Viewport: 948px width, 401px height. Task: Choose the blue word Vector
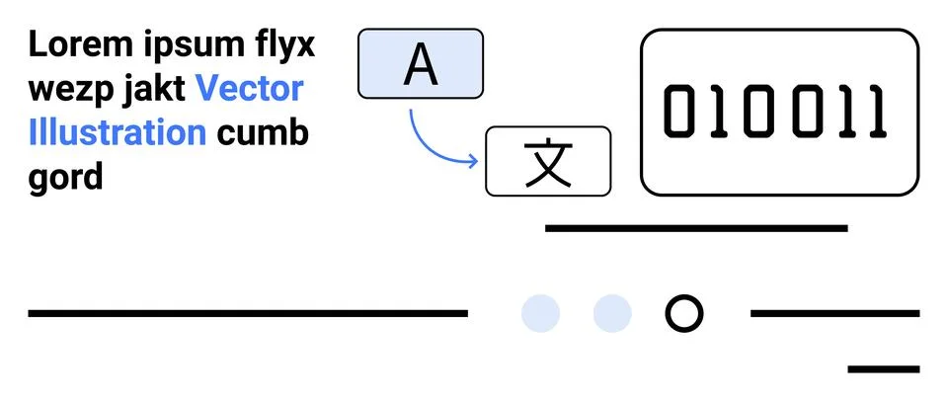click(x=250, y=89)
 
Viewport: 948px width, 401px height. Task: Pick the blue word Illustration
click(x=118, y=132)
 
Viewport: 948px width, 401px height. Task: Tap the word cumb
click(x=263, y=132)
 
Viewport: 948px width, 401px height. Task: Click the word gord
click(x=66, y=177)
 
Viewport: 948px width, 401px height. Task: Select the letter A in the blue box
click(x=421, y=64)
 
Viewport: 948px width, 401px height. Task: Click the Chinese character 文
click(x=548, y=162)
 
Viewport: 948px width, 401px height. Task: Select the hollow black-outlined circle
click(x=684, y=313)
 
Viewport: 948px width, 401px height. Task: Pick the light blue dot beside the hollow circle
click(x=612, y=313)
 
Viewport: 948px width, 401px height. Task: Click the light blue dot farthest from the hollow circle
click(x=540, y=313)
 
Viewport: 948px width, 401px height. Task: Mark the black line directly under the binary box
click(x=696, y=228)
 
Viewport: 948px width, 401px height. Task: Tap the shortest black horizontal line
click(x=884, y=369)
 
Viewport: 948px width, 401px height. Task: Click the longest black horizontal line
click(x=248, y=313)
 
